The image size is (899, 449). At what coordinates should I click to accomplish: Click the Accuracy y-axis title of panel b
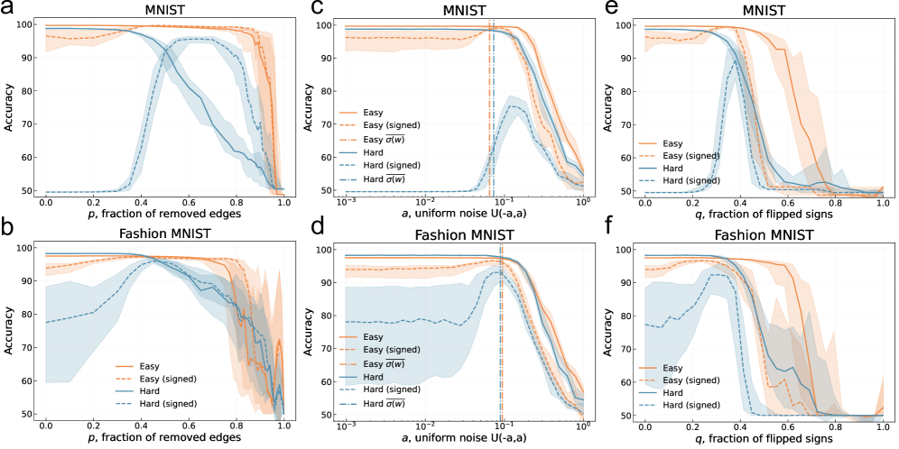tap(10, 329)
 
